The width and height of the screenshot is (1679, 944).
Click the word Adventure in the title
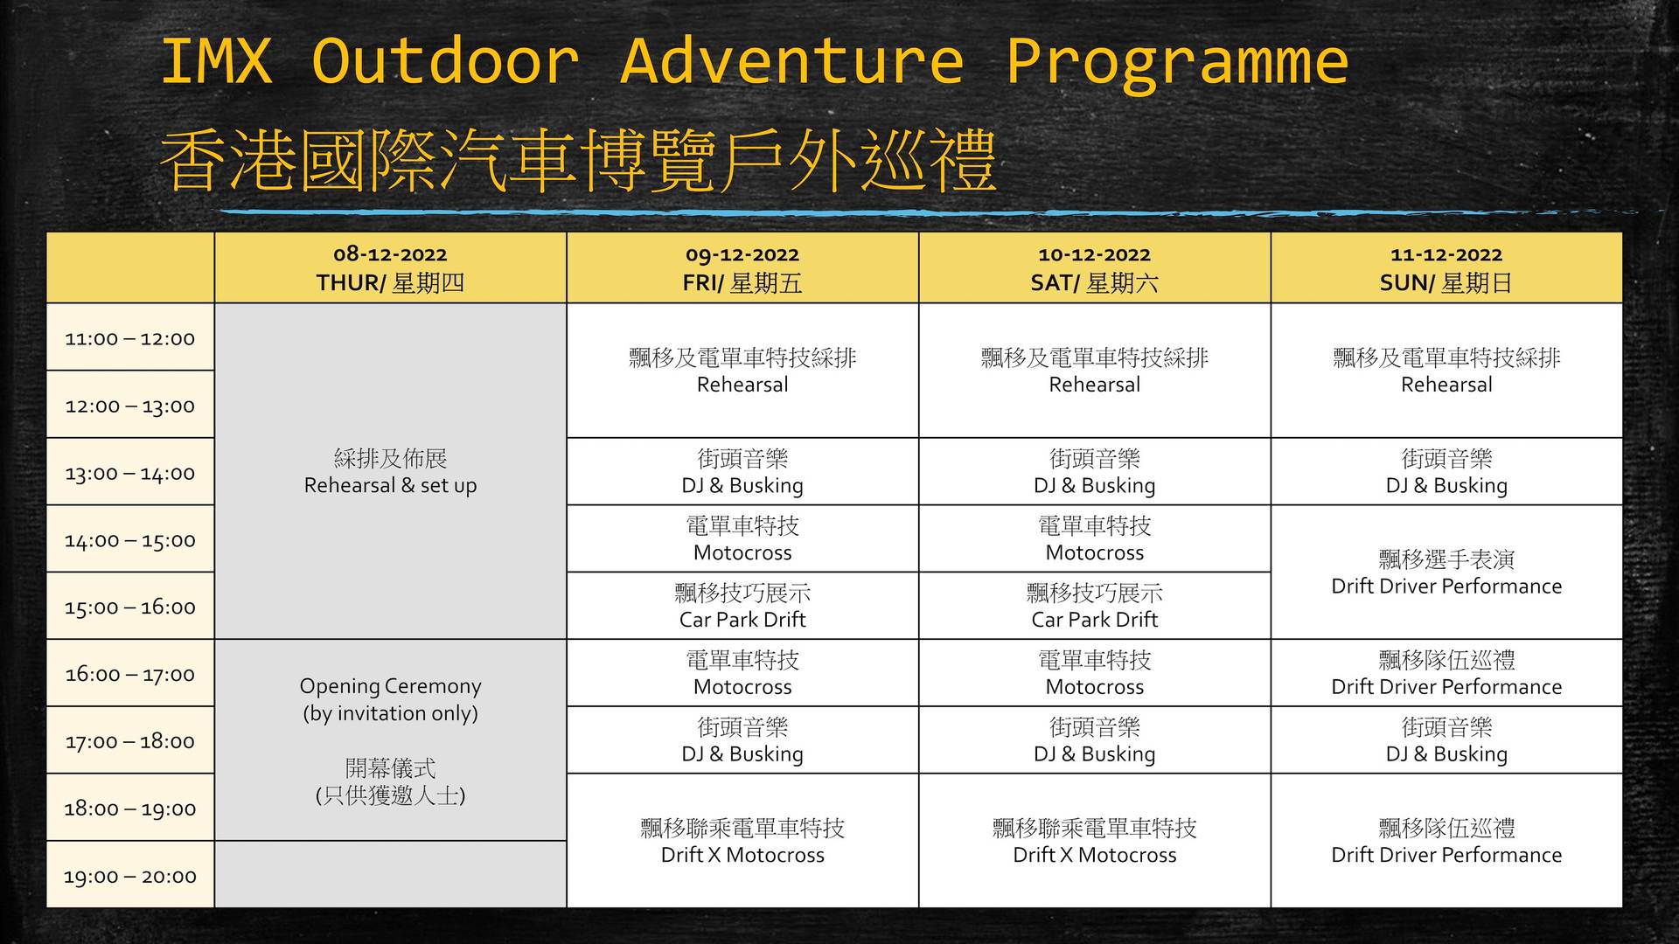coord(791,61)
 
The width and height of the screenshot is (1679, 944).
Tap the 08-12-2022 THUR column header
coord(390,267)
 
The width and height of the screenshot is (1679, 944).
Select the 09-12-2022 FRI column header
coord(742,267)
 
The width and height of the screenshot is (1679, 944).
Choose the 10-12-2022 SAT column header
coord(1095,267)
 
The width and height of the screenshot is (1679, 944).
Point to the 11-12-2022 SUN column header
coord(1446,267)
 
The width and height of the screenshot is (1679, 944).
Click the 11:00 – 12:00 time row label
coord(130,337)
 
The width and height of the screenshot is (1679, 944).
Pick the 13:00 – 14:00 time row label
coord(130,472)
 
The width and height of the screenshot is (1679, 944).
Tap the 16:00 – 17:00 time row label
coord(130,673)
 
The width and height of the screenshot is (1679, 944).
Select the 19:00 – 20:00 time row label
coord(130,875)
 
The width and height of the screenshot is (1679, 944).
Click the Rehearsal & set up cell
coord(390,471)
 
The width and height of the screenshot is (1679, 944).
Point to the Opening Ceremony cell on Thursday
coord(390,740)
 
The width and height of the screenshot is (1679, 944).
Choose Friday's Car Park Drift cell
coord(742,606)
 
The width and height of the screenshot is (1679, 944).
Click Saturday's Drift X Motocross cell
coord(1095,841)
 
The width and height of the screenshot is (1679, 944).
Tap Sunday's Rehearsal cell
coord(1446,371)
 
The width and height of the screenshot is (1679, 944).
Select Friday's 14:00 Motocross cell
coord(742,538)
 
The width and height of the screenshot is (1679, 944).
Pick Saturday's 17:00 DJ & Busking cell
coord(1095,740)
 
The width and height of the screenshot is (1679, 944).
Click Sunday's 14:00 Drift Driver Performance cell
coord(1446,572)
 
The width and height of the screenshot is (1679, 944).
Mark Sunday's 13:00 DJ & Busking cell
coord(1446,471)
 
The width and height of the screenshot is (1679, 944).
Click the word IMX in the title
coord(216,61)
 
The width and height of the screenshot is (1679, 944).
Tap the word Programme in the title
coord(1177,64)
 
